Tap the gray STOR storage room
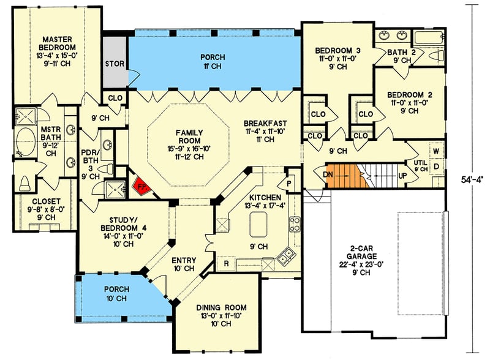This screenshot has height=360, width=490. tap(115, 62)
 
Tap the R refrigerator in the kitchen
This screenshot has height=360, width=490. tap(226, 264)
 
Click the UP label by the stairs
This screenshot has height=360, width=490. tap(403, 175)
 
